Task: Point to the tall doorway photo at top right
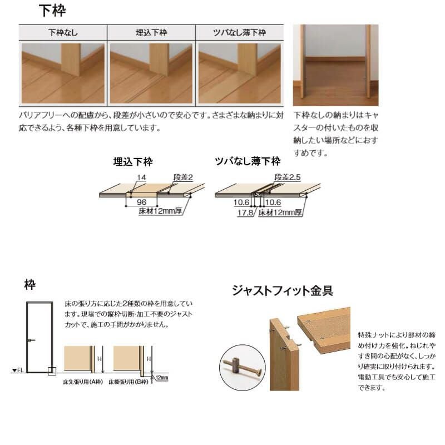335,65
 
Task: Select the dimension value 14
141,177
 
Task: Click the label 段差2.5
288,177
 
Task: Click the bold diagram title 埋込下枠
132,162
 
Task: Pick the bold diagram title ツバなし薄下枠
248,162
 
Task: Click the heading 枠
29,284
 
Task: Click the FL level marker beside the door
17,370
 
